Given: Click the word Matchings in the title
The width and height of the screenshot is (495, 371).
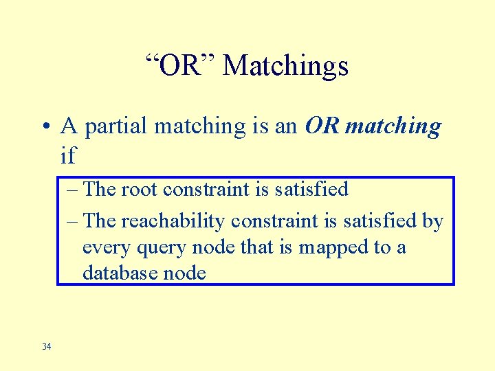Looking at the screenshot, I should coord(286,66).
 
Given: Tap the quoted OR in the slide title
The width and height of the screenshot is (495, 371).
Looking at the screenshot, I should coord(182,66).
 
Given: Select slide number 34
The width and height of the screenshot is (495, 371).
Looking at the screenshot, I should coord(46,346).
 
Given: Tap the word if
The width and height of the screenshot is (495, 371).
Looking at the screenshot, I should coord(68,156).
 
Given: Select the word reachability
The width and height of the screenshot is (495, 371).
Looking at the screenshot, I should coord(174,221).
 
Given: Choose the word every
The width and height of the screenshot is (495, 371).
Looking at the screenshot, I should coord(102,247).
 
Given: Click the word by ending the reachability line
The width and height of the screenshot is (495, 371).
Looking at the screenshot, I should coord(432,221).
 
